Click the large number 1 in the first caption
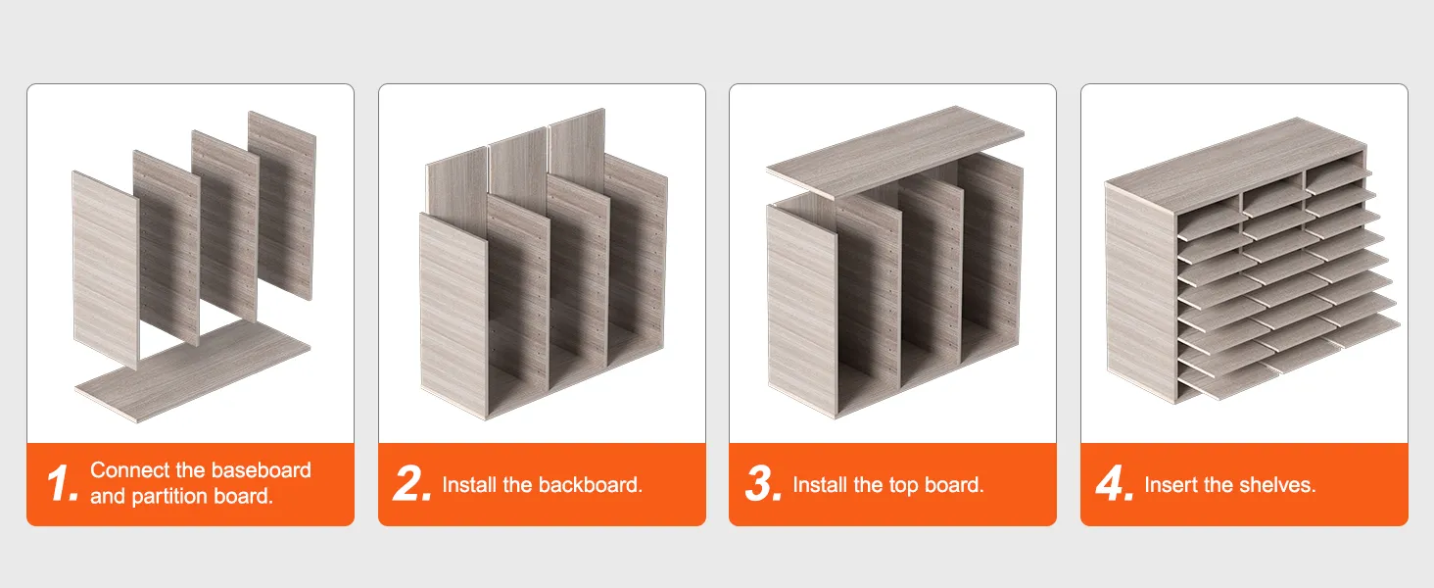[62, 483]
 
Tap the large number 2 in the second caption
[411, 483]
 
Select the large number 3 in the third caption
[763, 483]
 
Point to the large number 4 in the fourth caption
[1115, 483]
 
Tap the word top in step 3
[903, 485]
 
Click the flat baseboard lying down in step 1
[192, 371]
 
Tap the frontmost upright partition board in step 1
[106, 270]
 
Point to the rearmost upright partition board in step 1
[282, 205]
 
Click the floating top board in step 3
[895, 151]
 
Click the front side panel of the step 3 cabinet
[801, 311]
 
